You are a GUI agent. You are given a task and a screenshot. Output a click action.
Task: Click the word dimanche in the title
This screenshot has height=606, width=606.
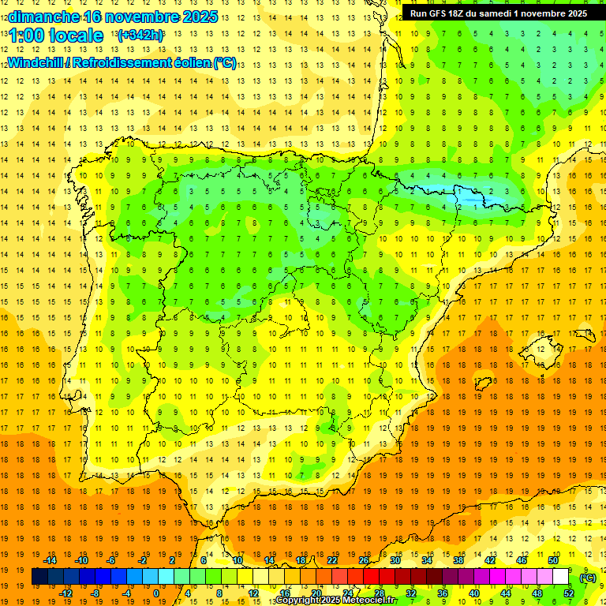pos(43,16)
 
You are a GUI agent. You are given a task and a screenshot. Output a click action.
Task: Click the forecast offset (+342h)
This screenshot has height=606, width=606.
pos(140,36)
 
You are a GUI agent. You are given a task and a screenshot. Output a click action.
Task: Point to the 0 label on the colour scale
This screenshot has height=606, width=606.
pos(157,593)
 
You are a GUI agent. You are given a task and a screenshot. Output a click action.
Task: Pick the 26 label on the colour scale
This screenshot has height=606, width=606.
pos(364,560)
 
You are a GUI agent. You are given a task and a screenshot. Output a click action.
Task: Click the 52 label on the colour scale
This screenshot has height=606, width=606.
pos(569,593)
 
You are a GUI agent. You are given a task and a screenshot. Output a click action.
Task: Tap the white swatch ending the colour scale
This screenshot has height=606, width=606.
pos(560,577)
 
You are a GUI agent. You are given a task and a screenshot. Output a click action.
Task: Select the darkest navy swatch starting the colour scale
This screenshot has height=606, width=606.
pos(39,577)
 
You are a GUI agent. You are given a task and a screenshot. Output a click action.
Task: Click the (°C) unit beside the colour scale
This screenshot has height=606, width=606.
pos(588,578)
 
